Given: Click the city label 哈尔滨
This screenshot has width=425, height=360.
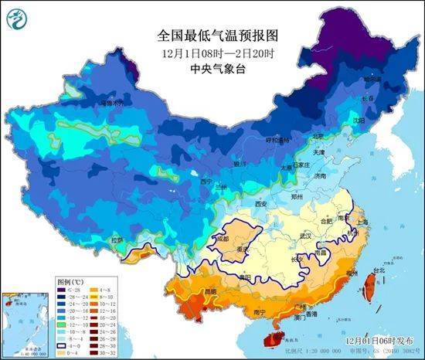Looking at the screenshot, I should tap(373, 80).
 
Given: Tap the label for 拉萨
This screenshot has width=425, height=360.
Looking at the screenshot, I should tap(117, 239).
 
